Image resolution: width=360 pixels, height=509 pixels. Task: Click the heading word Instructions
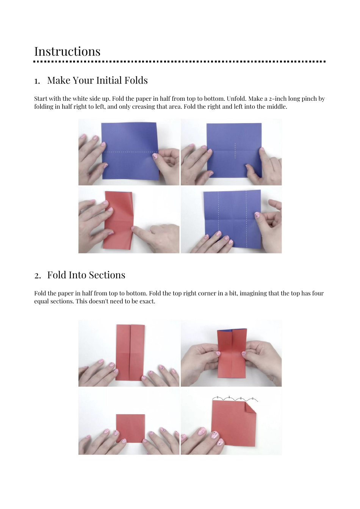point(67,52)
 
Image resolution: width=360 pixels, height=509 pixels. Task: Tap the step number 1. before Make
point(37,81)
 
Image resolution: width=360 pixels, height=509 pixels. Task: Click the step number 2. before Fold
point(37,276)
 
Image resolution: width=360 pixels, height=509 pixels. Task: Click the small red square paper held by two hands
point(130,428)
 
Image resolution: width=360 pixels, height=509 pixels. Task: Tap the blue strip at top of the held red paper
point(232,329)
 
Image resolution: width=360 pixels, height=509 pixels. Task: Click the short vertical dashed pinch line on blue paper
point(235,151)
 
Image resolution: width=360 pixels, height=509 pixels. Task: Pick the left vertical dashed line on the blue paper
point(218,220)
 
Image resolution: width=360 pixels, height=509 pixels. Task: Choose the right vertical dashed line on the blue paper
point(246,220)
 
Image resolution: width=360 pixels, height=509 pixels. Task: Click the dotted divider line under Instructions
point(180,61)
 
